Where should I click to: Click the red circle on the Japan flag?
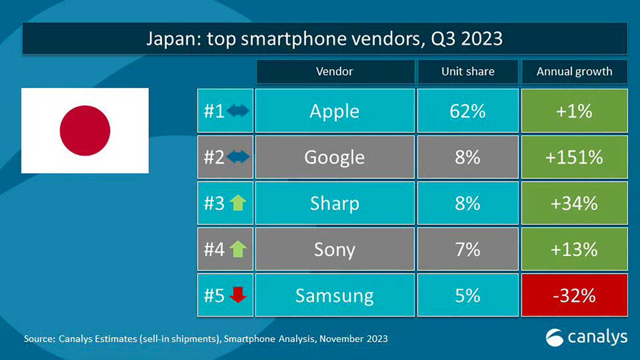[85, 131]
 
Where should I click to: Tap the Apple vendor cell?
[335, 111]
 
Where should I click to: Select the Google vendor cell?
[335, 157]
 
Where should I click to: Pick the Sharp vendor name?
[335, 203]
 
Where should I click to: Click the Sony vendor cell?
[335, 249]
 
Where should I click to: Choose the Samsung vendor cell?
[335, 295]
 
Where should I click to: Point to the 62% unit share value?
[468, 111]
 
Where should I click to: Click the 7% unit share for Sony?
[468, 249]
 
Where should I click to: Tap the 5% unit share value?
[468, 295]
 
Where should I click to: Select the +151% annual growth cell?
[574, 157]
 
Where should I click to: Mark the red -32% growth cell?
[574, 295]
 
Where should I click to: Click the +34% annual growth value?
[574, 203]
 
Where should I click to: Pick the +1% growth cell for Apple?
[574, 111]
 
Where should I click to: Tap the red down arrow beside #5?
[238, 295]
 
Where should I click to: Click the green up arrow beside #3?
[238, 203]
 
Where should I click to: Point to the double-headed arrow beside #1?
[238, 111]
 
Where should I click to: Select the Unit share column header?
[468, 71]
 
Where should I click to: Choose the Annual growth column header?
[574, 71]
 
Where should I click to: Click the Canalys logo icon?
[555, 338]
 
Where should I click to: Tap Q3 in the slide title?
[444, 39]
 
